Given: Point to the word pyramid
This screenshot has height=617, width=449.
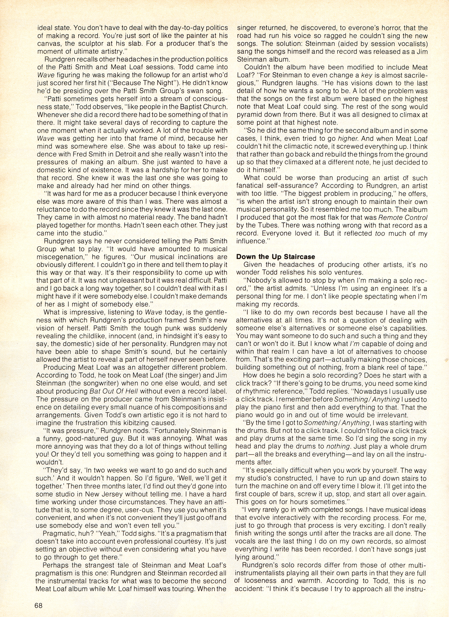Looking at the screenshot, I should point(249,114).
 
